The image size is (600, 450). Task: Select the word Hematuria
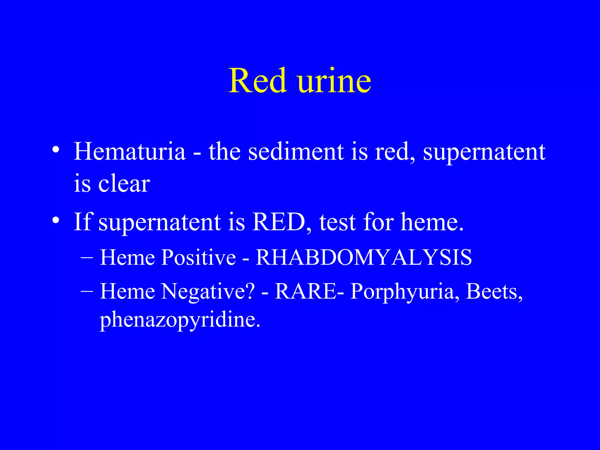pyautogui.click(x=129, y=151)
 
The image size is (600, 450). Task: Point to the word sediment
pyautogui.click(x=296, y=151)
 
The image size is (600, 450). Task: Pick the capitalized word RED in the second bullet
pyautogui.click(x=279, y=222)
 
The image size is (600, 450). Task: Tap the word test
pyautogui.click(x=337, y=222)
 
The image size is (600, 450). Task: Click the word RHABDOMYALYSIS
pyautogui.click(x=364, y=258)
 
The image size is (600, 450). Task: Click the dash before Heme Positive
pyautogui.click(x=87, y=258)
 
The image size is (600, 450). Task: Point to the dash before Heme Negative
pyautogui.click(x=87, y=291)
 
